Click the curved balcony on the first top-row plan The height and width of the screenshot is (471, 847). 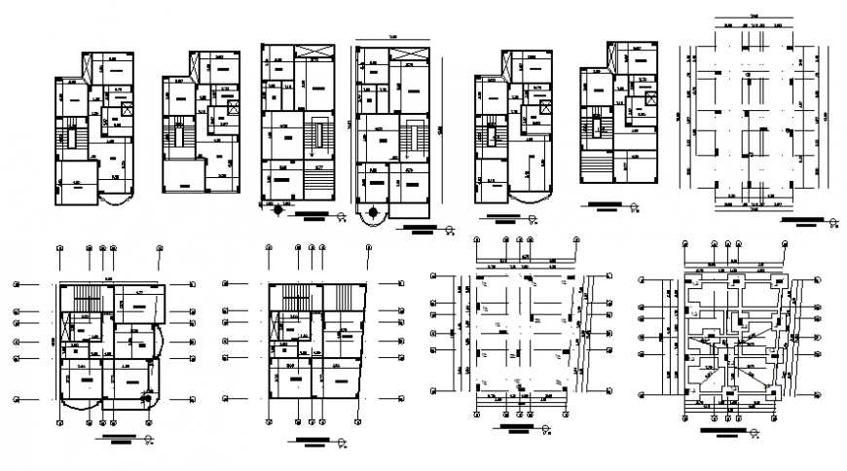(x=121, y=200)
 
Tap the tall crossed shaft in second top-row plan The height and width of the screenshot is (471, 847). (x=200, y=69)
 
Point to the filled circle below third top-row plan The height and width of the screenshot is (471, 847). (x=278, y=207)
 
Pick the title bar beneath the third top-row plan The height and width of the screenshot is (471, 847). (x=313, y=213)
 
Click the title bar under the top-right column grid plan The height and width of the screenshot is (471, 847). (x=804, y=220)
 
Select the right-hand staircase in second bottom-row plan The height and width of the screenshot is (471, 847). (x=340, y=295)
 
